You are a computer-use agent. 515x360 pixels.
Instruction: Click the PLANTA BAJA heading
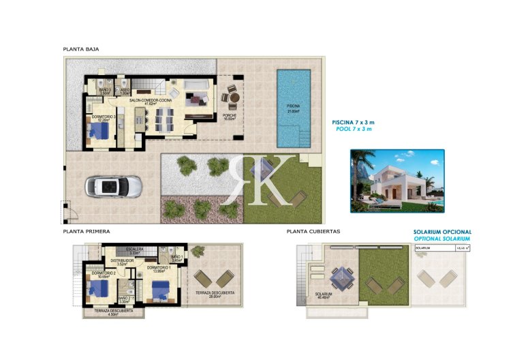(x=81, y=49)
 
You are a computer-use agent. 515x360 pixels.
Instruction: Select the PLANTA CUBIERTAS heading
(x=313, y=232)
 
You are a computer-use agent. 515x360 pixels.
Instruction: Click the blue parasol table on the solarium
(x=339, y=277)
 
